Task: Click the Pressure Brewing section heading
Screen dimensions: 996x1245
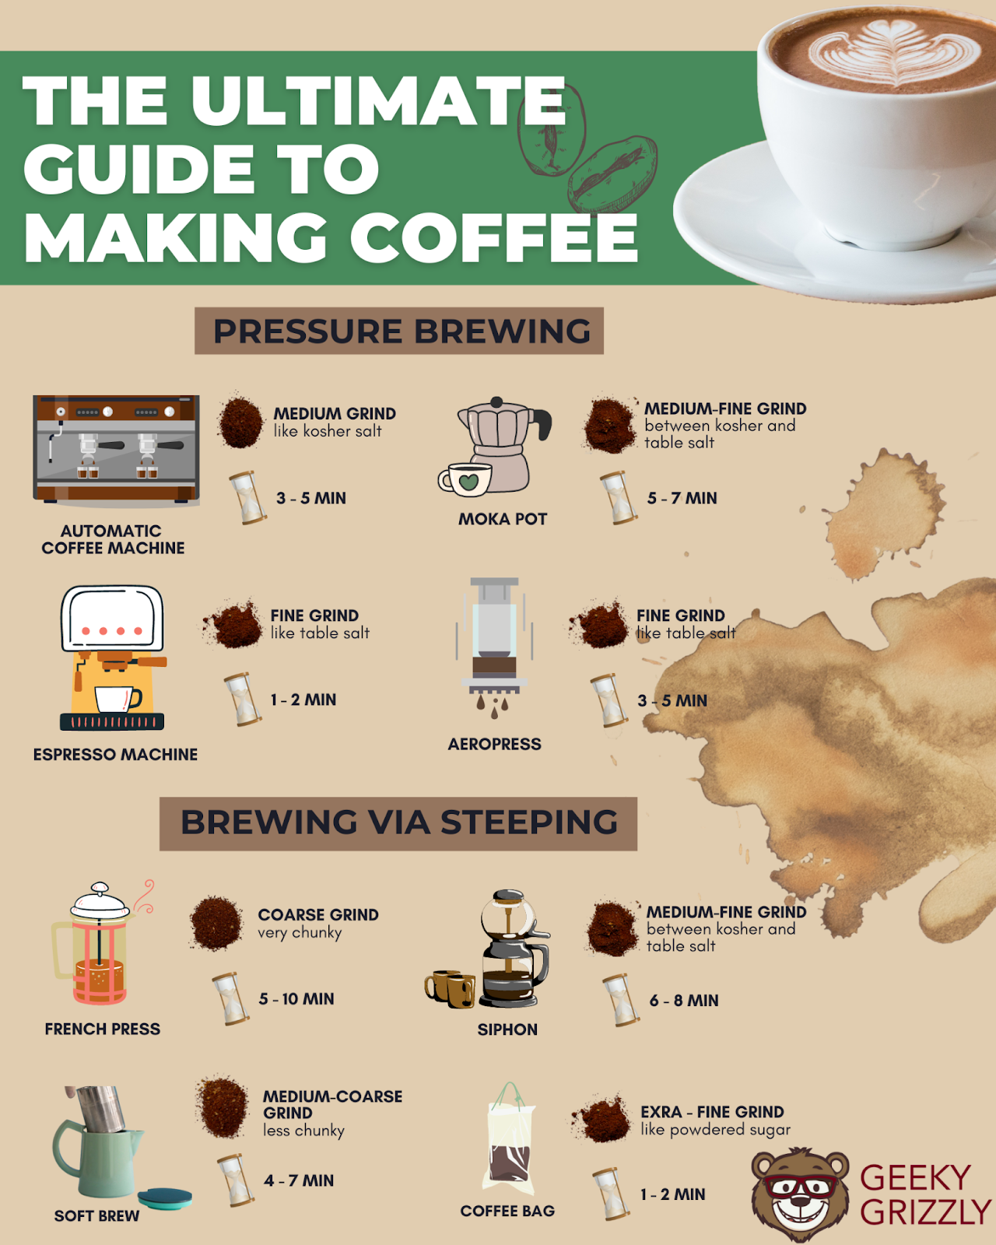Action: coord(402,331)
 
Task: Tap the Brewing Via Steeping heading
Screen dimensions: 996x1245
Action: coord(398,822)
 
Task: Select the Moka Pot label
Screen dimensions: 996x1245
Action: coord(503,519)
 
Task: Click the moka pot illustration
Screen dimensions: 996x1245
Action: coord(496,447)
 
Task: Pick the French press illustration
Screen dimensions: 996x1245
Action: coord(100,944)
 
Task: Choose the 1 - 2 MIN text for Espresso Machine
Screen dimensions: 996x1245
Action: coord(303,700)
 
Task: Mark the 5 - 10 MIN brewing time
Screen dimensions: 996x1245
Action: coord(296,999)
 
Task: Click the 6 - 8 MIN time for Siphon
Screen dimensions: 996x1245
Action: coord(684,1001)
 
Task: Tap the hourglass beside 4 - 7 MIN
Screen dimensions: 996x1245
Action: coord(236,1180)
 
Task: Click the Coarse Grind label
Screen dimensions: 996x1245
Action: coord(318,914)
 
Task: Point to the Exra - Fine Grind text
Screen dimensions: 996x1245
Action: coord(713,1112)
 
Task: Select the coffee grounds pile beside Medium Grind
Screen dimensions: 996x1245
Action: coord(240,421)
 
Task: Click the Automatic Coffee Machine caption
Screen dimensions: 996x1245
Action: coord(113,540)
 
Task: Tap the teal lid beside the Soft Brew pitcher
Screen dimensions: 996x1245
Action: coord(165,1198)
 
